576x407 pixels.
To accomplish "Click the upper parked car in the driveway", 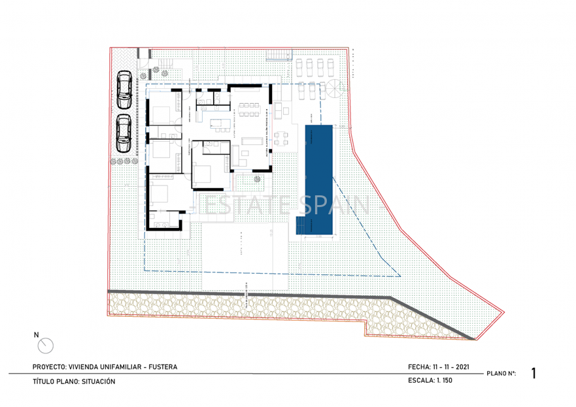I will tap(124, 90).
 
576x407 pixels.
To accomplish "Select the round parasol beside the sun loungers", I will tap(333, 90).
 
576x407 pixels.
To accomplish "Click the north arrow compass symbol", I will tap(45, 346).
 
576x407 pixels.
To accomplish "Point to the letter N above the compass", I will tap(36, 334).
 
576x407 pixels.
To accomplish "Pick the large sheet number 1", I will tap(534, 374).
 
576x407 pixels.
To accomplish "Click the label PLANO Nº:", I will tap(501, 374).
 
